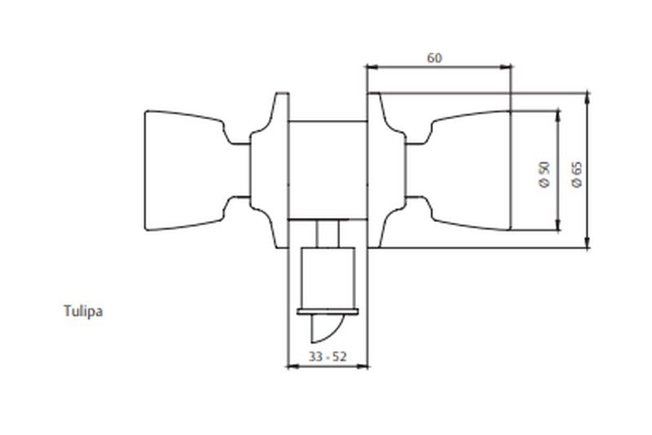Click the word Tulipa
pyautogui.click(x=83, y=311)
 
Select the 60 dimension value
pyautogui.click(x=434, y=58)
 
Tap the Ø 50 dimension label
pyautogui.click(x=544, y=175)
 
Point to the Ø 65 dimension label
pyautogui.click(x=577, y=175)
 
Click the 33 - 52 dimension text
pyautogui.click(x=328, y=357)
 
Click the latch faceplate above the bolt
pyautogui.click(x=328, y=312)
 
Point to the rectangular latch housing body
pyautogui.click(x=328, y=278)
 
